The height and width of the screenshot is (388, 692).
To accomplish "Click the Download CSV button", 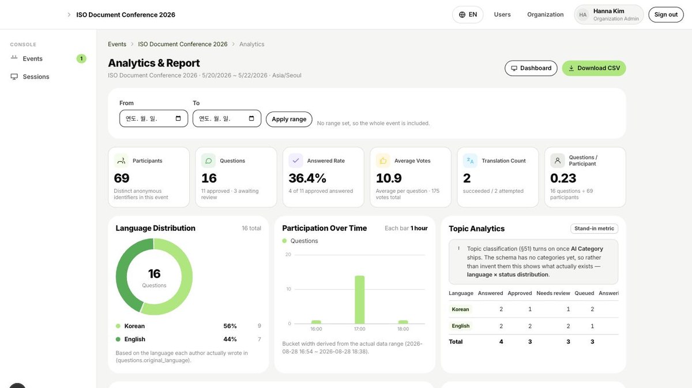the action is (594, 68).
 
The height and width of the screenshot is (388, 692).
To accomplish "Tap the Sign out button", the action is (665, 14).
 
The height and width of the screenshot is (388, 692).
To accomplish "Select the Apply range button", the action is (289, 119).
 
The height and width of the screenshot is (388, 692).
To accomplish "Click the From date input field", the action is (153, 118).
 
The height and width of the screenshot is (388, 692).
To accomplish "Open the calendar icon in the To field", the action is (251, 118).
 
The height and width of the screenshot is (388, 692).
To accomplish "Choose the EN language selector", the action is (468, 14).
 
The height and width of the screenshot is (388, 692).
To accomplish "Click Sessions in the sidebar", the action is (36, 77).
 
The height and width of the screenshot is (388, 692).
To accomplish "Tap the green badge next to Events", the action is (81, 58).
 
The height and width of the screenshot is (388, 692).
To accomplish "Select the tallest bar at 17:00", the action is (360, 300).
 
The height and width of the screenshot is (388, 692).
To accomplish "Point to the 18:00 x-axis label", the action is (403, 329).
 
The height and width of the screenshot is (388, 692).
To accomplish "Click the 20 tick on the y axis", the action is (288, 254).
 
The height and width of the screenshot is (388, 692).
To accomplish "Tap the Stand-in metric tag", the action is (594, 228).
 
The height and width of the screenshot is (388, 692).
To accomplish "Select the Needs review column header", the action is (553, 293).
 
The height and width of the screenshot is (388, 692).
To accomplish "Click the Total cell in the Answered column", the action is (501, 342).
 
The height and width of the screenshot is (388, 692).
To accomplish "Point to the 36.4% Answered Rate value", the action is (307, 178).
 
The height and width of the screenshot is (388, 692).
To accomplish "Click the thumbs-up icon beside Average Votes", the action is (383, 161).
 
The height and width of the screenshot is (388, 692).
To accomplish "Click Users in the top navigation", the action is (502, 14).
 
